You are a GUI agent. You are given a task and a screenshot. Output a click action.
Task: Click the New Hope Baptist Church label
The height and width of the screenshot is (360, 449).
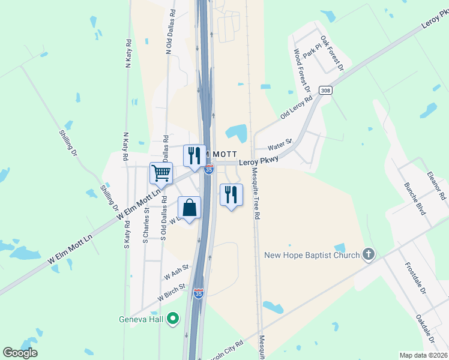click(312, 256)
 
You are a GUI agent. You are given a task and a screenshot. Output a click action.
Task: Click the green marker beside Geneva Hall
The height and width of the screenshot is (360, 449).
click(173, 318)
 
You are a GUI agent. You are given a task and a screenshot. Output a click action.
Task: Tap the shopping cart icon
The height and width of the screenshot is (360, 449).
click(161, 173)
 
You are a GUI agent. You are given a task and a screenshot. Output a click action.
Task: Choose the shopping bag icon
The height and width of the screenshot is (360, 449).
click(190, 208)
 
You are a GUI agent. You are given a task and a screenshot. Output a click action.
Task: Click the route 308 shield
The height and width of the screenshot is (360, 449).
click(325, 91)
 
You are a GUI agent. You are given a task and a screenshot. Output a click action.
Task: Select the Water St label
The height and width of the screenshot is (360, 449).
click(279, 144)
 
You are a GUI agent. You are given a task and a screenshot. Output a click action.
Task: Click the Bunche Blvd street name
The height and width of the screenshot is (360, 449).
click(414, 199)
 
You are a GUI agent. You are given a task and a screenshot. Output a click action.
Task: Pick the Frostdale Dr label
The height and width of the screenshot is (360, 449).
click(414, 278)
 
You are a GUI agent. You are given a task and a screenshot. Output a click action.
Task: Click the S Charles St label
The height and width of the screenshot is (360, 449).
click(145, 225)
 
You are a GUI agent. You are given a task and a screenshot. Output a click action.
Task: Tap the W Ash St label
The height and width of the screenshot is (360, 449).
click(176, 272)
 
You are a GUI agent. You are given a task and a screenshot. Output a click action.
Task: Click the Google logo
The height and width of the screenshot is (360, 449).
click(20, 353)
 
